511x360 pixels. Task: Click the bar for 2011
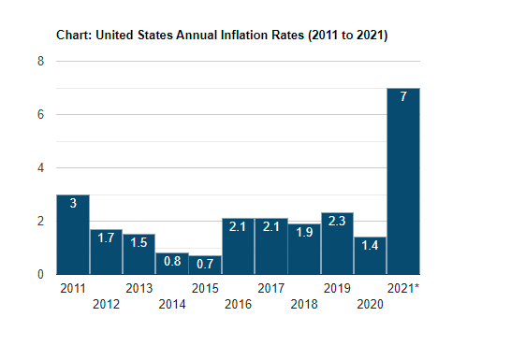point(73,235)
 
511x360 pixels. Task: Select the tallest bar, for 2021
point(403,181)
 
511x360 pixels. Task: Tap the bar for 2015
point(205,265)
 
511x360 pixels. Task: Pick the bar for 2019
point(337,243)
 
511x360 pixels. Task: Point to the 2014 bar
point(172,264)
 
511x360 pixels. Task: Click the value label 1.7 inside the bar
point(107,238)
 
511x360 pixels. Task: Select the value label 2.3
point(337,221)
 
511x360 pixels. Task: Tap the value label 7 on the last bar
point(403,96)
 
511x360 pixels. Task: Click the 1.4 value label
point(370,245)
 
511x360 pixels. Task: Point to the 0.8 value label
point(172,261)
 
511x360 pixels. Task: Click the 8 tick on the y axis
point(40,61)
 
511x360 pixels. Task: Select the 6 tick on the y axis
point(40,115)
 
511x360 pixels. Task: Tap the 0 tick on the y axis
point(40,275)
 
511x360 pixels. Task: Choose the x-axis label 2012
point(107,304)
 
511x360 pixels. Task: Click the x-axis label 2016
point(239,304)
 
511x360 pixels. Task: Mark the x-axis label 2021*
point(403,288)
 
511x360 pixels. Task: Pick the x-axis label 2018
point(304,304)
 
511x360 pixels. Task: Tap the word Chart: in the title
point(74,35)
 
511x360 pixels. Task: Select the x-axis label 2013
point(139,288)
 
